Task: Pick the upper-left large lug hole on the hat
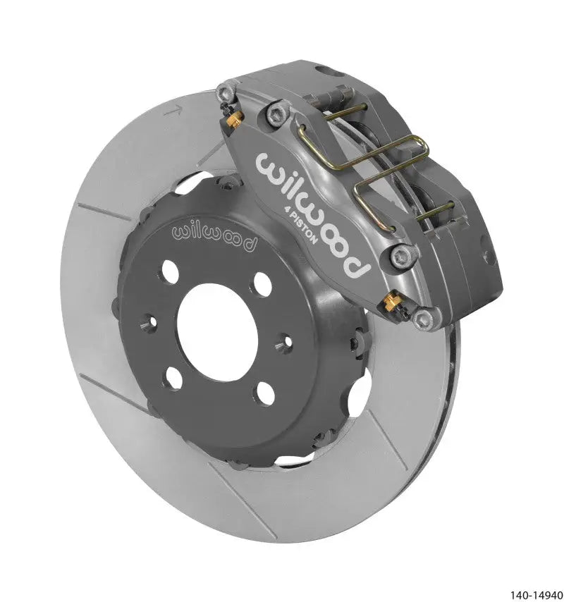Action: (171, 271)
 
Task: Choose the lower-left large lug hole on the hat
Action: (172, 378)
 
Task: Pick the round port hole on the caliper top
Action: (326, 70)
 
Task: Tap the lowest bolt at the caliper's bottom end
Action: (424, 320)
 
